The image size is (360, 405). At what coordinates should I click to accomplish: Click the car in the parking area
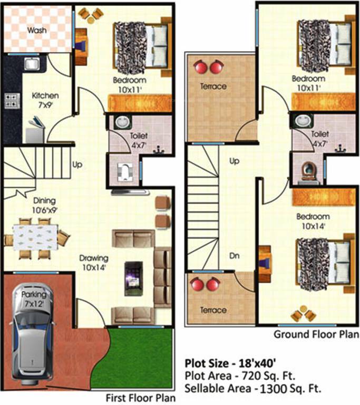tap(34, 332)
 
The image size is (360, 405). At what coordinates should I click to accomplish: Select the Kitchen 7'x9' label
tap(45, 100)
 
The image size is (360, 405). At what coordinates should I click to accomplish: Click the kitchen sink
tap(31, 64)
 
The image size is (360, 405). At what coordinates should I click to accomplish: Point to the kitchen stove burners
tap(11, 100)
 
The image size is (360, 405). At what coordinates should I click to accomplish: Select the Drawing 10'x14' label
tap(94, 263)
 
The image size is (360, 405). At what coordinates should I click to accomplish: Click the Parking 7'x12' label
tap(34, 299)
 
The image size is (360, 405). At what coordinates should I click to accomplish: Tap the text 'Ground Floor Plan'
tap(316, 335)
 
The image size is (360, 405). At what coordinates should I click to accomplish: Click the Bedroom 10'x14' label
tap(313, 221)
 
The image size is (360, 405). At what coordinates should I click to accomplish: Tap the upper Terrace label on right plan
tap(213, 86)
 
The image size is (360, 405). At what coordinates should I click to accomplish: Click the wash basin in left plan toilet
tap(122, 122)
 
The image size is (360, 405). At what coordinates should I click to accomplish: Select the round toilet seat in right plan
tap(308, 171)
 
